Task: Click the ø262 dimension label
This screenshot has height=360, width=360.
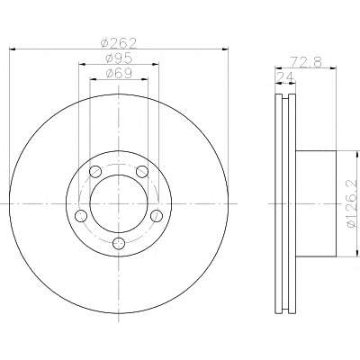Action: (x=119, y=44)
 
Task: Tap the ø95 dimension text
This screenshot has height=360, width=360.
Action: (x=119, y=58)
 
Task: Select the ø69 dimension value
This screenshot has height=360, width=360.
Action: (x=119, y=74)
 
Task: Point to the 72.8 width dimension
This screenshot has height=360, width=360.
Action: (x=306, y=62)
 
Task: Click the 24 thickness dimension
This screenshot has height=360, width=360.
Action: (x=284, y=77)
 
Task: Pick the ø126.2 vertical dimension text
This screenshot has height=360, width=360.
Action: (x=354, y=203)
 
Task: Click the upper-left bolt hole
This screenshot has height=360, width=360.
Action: (x=95, y=172)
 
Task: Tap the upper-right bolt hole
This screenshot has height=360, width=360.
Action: (x=142, y=172)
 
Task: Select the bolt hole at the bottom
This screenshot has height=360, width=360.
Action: (x=119, y=243)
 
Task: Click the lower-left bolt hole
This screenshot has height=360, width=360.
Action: (x=81, y=216)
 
